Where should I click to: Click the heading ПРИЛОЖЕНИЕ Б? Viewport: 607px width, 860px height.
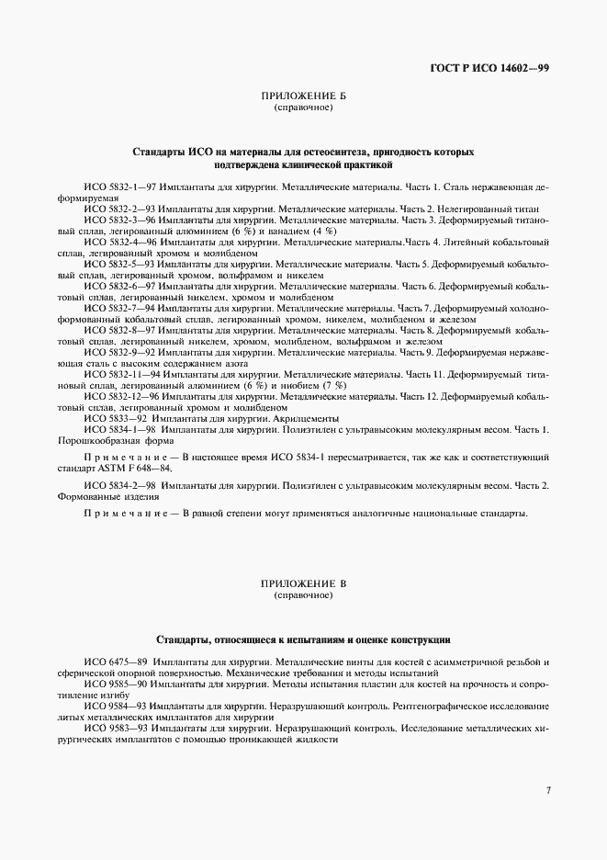point(303,96)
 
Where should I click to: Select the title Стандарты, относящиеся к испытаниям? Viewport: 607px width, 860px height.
point(303,638)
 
